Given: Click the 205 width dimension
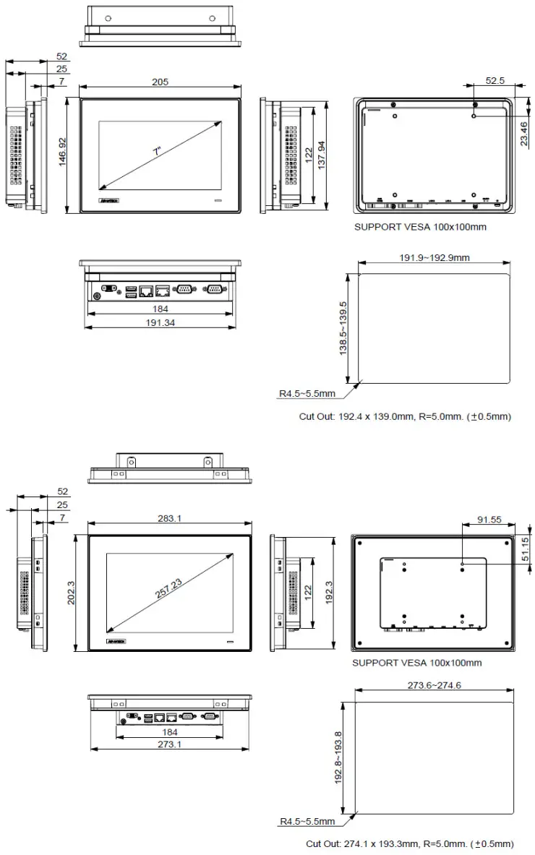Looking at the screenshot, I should (160, 82).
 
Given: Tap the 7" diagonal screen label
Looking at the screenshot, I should (157, 152).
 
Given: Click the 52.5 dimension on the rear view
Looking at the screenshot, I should (495, 81).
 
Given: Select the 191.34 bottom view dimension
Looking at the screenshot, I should (160, 322).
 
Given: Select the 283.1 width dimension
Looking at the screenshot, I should (170, 517).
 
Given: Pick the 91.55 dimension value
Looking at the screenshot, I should (489, 519).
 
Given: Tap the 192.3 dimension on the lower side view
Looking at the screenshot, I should (330, 593).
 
